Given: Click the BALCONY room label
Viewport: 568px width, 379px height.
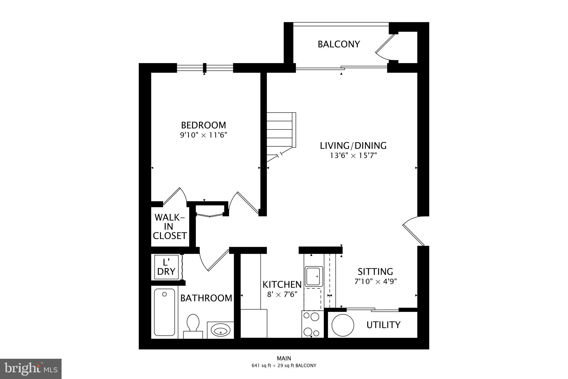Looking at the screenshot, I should coord(339,44).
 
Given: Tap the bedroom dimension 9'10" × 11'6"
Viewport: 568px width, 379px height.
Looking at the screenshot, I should coord(204,135).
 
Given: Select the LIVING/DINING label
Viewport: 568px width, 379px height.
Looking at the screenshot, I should coord(353,145).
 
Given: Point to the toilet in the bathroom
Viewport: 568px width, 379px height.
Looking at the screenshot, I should coord(193,324).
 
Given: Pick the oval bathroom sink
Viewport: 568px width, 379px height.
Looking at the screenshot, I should coord(220,330).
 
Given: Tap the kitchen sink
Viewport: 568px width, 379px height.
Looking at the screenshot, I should coord(314,276).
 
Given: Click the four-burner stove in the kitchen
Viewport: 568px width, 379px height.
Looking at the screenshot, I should coord(312,324).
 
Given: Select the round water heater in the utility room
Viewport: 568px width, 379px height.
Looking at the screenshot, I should coord(343,325).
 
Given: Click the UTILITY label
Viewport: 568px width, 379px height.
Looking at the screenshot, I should coord(383,325).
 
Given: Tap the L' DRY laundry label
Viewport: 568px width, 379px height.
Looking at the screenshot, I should coord(166,267).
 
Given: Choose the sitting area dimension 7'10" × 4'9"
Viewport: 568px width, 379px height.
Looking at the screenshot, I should coord(376,282).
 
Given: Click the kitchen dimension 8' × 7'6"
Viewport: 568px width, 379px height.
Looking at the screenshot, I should coord(282,294).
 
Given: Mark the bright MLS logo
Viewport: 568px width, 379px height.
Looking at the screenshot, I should coord(31,368).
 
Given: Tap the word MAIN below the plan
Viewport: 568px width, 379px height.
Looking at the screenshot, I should coord(284,358).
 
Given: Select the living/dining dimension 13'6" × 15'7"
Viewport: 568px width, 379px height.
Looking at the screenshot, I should coord(353,155).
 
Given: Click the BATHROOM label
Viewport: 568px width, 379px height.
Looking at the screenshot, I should coord(206,298).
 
